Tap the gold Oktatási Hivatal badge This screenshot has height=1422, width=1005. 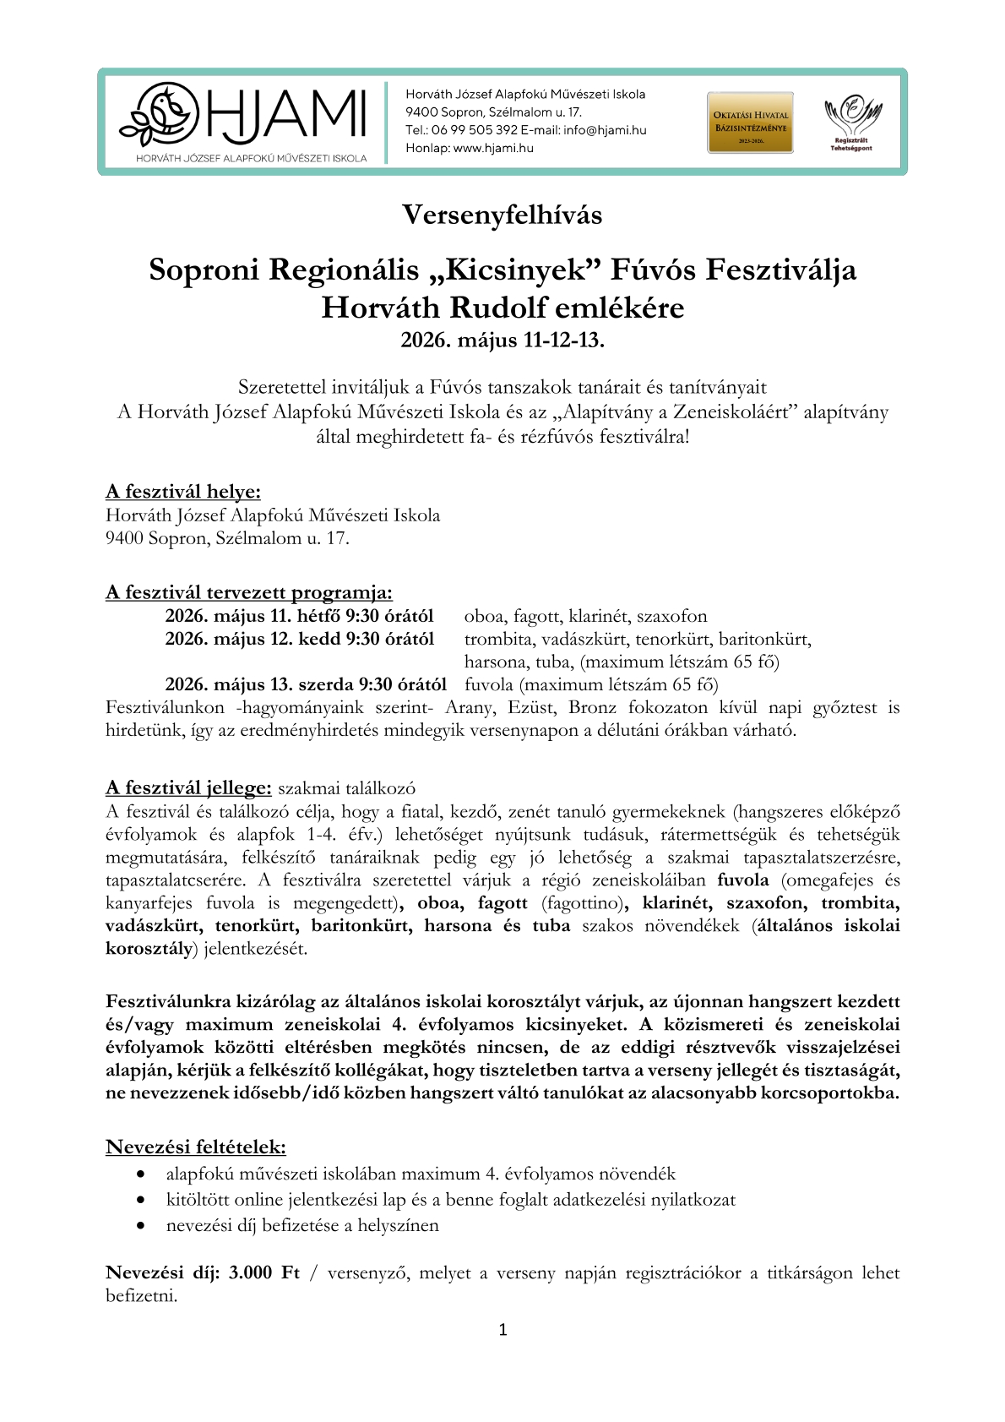click(x=750, y=123)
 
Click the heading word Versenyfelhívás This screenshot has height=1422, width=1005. click(x=502, y=215)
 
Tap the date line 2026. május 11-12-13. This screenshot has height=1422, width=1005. click(x=502, y=341)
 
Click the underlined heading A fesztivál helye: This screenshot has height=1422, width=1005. click(x=183, y=492)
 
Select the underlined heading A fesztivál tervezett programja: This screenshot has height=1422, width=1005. click(x=249, y=592)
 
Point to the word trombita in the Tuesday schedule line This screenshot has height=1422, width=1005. click(x=500, y=639)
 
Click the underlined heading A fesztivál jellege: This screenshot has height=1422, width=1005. click(x=188, y=788)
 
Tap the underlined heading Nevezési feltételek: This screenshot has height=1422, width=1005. click(x=196, y=1147)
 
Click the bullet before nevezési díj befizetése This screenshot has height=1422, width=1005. click(x=142, y=1226)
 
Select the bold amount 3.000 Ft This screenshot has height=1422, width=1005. click(x=263, y=1273)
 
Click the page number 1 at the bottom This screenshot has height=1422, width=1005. click(x=502, y=1330)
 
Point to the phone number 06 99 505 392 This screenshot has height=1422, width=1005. click(x=474, y=130)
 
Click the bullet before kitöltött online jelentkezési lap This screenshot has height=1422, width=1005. click(x=142, y=1200)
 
